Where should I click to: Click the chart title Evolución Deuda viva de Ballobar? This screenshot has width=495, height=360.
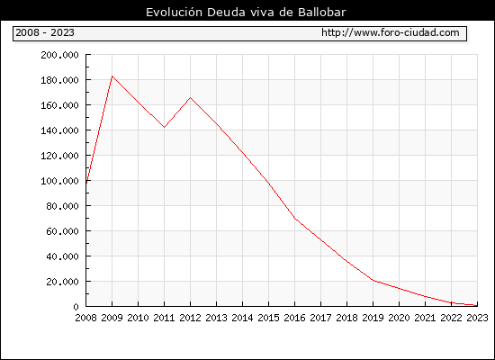(x=246, y=13)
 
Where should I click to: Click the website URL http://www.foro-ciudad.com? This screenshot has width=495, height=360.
(x=391, y=32)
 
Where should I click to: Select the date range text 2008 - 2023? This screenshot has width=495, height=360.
(x=45, y=32)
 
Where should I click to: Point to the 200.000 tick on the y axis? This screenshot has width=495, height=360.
(x=59, y=55)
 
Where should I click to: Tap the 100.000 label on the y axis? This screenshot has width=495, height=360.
(x=59, y=181)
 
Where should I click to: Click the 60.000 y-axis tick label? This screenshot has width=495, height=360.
(x=62, y=231)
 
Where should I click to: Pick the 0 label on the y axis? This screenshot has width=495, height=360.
(x=76, y=307)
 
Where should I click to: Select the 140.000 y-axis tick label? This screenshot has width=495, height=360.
(x=59, y=130)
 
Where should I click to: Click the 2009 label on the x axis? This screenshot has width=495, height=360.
(x=112, y=318)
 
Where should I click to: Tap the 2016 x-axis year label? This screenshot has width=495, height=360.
(x=294, y=318)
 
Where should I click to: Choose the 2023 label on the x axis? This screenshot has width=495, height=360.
(x=477, y=318)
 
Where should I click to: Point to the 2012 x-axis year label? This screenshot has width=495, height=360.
(x=191, y=318)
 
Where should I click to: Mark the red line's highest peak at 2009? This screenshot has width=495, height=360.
(x=112, y=76)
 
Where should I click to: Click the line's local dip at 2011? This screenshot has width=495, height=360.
(x=164, y=127)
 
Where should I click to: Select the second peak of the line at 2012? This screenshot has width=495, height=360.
(x=191, y=97)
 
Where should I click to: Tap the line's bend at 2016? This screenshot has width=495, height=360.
(x=294, y=218)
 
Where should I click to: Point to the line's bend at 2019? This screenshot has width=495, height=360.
(x=373, y=280)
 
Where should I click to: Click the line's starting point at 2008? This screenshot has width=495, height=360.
(x=86, y=183)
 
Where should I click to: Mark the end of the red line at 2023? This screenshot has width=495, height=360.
(x=477, y=305)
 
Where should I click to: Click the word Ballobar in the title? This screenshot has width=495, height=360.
(x=322, y=13)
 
